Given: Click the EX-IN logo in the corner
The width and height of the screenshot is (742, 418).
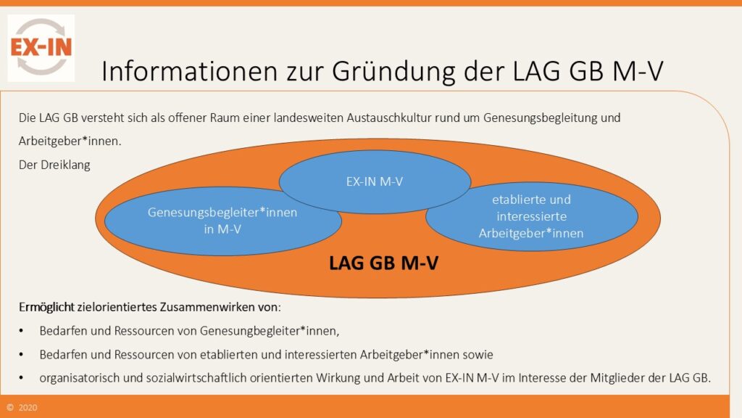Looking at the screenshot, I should coord(41,47).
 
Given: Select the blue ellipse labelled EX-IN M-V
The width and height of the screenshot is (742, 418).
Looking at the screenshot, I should coord(374,181).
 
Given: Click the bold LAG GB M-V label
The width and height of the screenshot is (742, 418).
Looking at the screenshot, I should coord(384,263).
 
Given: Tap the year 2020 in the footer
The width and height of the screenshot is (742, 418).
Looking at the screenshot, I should coord(29,408).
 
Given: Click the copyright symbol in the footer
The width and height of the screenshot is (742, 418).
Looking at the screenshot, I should coord(10,408).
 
